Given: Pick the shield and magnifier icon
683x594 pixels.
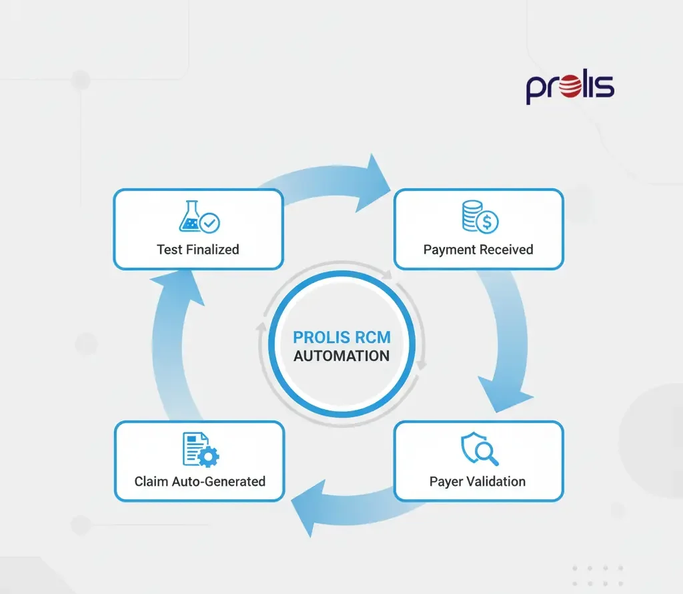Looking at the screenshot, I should (480, 449).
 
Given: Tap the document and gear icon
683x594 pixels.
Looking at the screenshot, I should (200, 449).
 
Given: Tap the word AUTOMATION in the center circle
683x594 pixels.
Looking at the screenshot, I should (341, 356).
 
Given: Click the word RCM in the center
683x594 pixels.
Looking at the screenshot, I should (372, 338).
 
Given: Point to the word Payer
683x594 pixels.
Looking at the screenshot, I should (445, 481).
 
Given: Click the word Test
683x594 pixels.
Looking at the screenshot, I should (169, 250).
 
